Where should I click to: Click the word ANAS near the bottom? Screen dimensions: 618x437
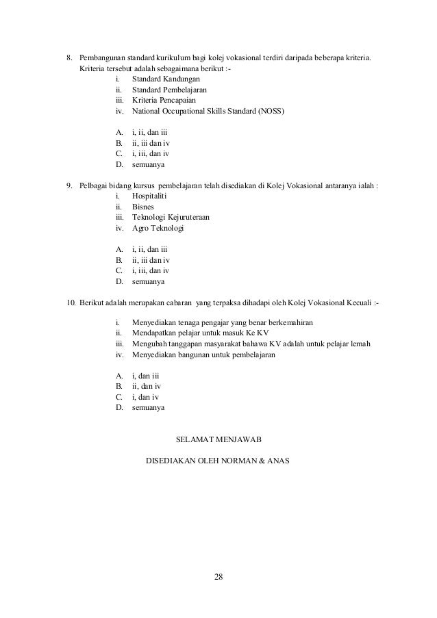(277, 460)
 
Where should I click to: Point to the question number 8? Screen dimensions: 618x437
(68, 55)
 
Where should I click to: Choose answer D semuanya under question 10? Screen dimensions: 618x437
(148, 407)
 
